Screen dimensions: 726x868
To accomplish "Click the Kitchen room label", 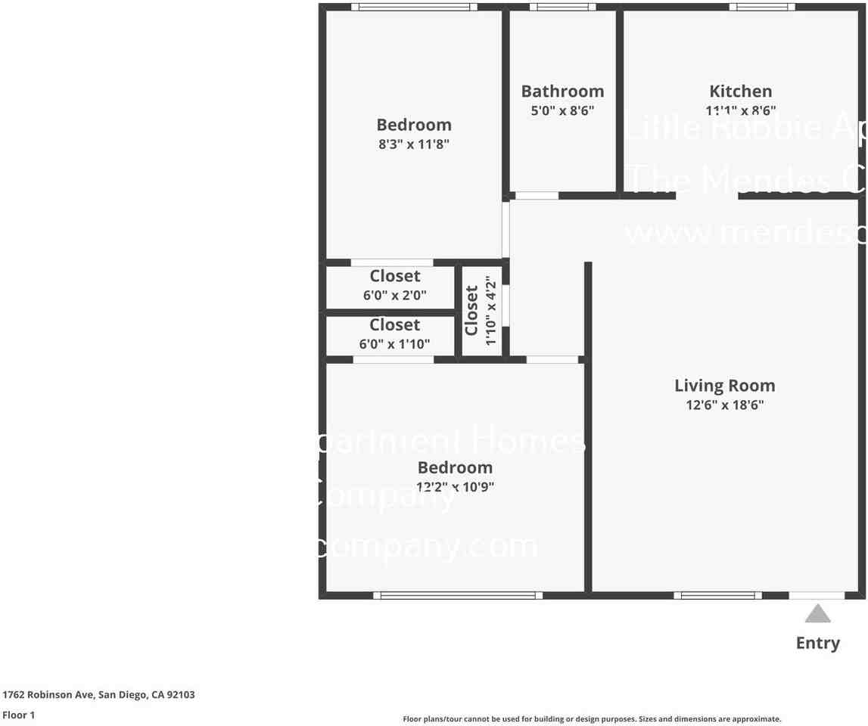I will (740, 92).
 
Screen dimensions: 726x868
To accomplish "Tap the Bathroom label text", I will (562, 92).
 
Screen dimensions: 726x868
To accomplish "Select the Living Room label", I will (724, 386).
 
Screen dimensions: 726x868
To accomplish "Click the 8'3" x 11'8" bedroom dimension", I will (414, 144).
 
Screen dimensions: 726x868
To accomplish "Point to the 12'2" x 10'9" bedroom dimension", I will (456, 487).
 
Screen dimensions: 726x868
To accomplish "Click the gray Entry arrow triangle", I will (817, 613).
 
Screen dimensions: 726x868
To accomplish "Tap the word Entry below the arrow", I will (817, 644).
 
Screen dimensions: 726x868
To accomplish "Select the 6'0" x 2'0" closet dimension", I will (395, 296).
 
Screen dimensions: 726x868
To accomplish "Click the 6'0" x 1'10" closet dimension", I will (394, 344).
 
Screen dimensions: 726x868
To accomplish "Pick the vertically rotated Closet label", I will (471, 310).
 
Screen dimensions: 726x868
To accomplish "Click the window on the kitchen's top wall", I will (762, 7).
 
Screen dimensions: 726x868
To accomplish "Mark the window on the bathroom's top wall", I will (562, 7).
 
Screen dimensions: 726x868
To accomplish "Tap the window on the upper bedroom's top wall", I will (414, 7).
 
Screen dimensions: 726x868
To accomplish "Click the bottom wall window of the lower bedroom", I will (458, 595).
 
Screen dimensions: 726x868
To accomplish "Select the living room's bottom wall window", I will (718, 595).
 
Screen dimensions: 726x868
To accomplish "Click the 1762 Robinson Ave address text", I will (98, 694).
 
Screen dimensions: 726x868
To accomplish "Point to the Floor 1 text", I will (19, 715).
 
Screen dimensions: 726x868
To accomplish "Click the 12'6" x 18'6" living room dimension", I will (724, 405).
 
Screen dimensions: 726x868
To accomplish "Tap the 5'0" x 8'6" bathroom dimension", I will (562, 110).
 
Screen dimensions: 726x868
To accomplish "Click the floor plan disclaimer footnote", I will (592, 719).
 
